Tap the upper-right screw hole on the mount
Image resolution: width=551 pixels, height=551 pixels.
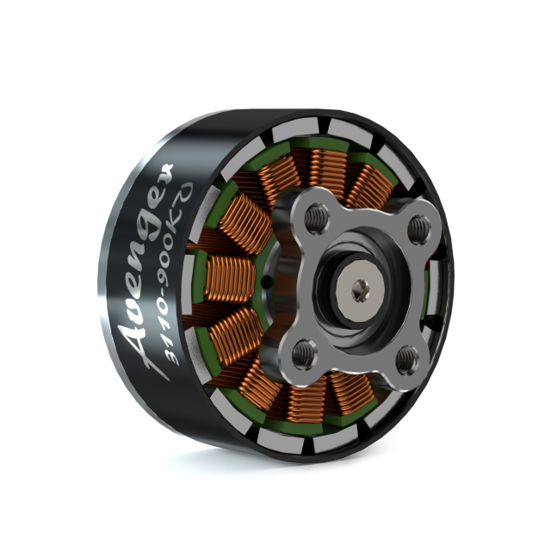point(419,227)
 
